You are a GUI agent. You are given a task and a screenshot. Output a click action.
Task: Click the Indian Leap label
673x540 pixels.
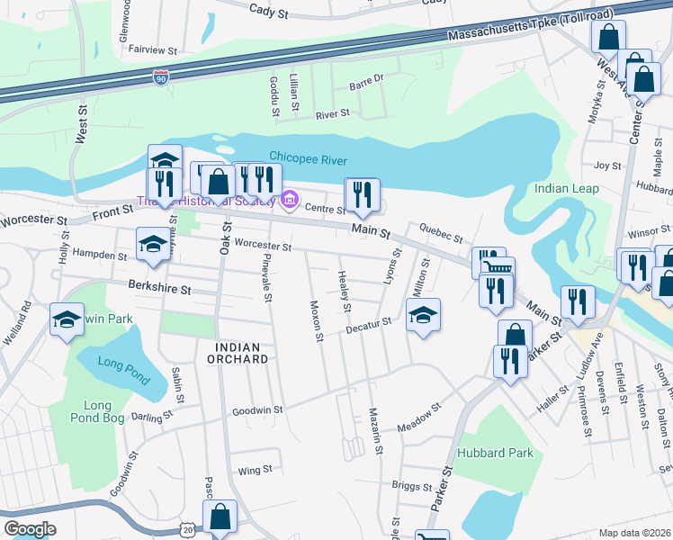[x=565, y=189]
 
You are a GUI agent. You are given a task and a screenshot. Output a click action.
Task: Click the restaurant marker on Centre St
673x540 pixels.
[x=362, y=195]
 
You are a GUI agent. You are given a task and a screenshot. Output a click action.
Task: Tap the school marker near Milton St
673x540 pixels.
[x=423, y=316]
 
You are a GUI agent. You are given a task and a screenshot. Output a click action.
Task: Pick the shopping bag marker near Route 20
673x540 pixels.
[x=219, y=517]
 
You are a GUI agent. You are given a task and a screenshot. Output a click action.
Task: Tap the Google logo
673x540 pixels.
[x=29, y=529]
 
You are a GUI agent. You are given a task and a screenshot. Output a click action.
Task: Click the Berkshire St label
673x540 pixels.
[x=159, y=290]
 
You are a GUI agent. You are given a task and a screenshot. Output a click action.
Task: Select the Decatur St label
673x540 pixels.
[x=372, y=324]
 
